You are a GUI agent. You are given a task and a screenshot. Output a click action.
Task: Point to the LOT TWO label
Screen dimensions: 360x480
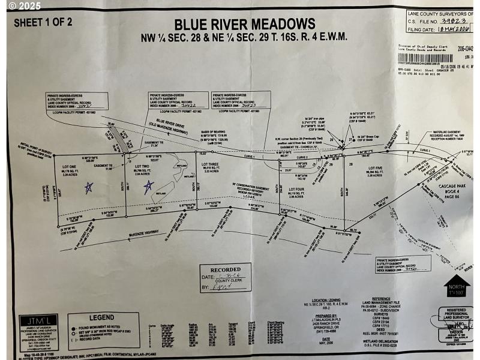click(142, 166)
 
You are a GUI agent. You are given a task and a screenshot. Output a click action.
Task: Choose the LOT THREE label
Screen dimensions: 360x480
click(209, 164)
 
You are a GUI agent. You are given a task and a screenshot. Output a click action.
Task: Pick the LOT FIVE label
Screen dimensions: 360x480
click(375, 168)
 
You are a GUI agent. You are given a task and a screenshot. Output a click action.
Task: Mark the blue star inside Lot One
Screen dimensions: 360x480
click(89, 187)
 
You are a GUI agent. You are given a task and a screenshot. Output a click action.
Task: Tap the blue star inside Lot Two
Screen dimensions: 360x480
click(148, 187)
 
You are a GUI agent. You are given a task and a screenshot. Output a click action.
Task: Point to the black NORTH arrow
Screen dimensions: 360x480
click(455, 286)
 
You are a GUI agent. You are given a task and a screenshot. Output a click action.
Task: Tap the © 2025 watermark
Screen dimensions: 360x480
click(20, 5)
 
